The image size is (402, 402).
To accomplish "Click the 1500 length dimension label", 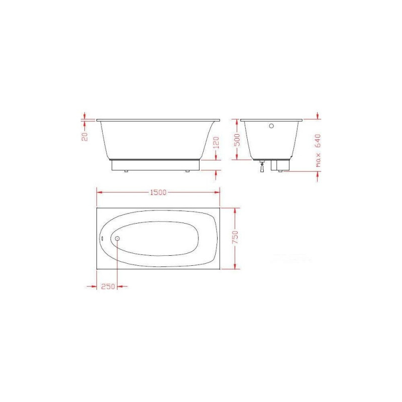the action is (158, 192).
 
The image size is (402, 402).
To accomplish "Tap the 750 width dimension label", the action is (235, 237).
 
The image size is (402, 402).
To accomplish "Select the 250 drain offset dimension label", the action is (108, 286).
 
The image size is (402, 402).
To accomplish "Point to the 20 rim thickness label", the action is (84, 136).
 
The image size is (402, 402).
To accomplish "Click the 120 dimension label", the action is (217, 143).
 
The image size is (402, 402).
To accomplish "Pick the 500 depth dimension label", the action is (237, 140).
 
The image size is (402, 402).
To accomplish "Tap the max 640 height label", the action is (318, 150).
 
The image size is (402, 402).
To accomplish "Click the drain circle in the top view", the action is (117, 238).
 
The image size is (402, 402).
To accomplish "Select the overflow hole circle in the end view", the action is (271, 126).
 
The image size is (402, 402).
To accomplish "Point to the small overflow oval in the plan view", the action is (102, 238).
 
